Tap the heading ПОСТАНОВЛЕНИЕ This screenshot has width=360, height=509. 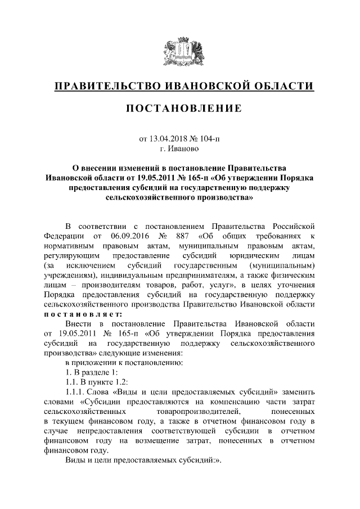[x=179, y=108]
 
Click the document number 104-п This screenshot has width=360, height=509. [x=209, y=138]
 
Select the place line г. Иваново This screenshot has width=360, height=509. [x=179, y=148]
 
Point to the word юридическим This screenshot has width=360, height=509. [x=262, y=256]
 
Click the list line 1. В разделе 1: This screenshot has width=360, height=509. [x=91, y=372]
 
